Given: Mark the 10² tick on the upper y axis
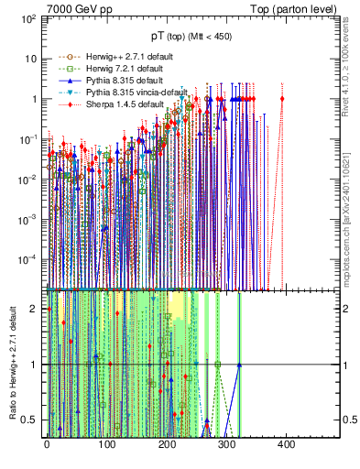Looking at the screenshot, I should coord(28,19).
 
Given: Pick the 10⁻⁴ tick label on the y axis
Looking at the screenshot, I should coord(27,259).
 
